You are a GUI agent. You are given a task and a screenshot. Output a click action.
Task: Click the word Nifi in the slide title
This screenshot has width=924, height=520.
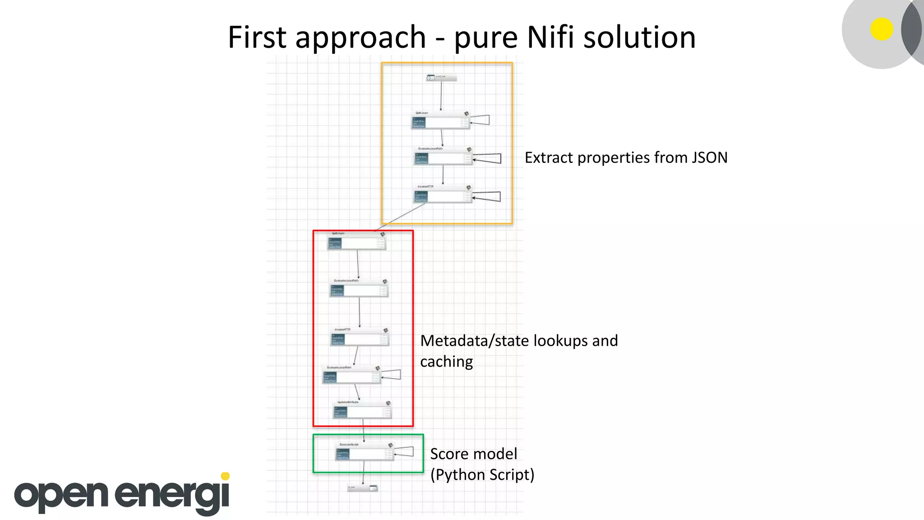550,37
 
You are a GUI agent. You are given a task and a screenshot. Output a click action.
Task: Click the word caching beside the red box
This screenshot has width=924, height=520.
446,362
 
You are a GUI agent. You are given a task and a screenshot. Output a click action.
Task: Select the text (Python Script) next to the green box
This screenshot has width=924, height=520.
482,475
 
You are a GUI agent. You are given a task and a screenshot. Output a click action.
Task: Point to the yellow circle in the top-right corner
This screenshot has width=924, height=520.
882,29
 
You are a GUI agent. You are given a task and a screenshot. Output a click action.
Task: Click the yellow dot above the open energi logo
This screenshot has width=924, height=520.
226,476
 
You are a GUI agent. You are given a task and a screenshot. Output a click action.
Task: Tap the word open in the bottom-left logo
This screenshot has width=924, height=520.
61,495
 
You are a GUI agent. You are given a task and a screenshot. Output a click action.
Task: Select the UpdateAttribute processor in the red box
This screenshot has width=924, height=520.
362,410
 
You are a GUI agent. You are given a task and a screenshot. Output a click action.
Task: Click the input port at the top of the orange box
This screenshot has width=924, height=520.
441,78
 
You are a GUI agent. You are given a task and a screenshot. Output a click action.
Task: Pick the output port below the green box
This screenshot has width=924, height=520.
363,488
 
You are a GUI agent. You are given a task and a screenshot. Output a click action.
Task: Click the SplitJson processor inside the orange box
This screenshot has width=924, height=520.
440,121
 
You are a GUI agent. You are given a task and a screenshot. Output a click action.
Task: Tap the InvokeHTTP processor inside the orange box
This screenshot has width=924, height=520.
443,195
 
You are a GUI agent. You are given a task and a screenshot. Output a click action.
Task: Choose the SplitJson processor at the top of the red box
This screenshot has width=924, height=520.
356,242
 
